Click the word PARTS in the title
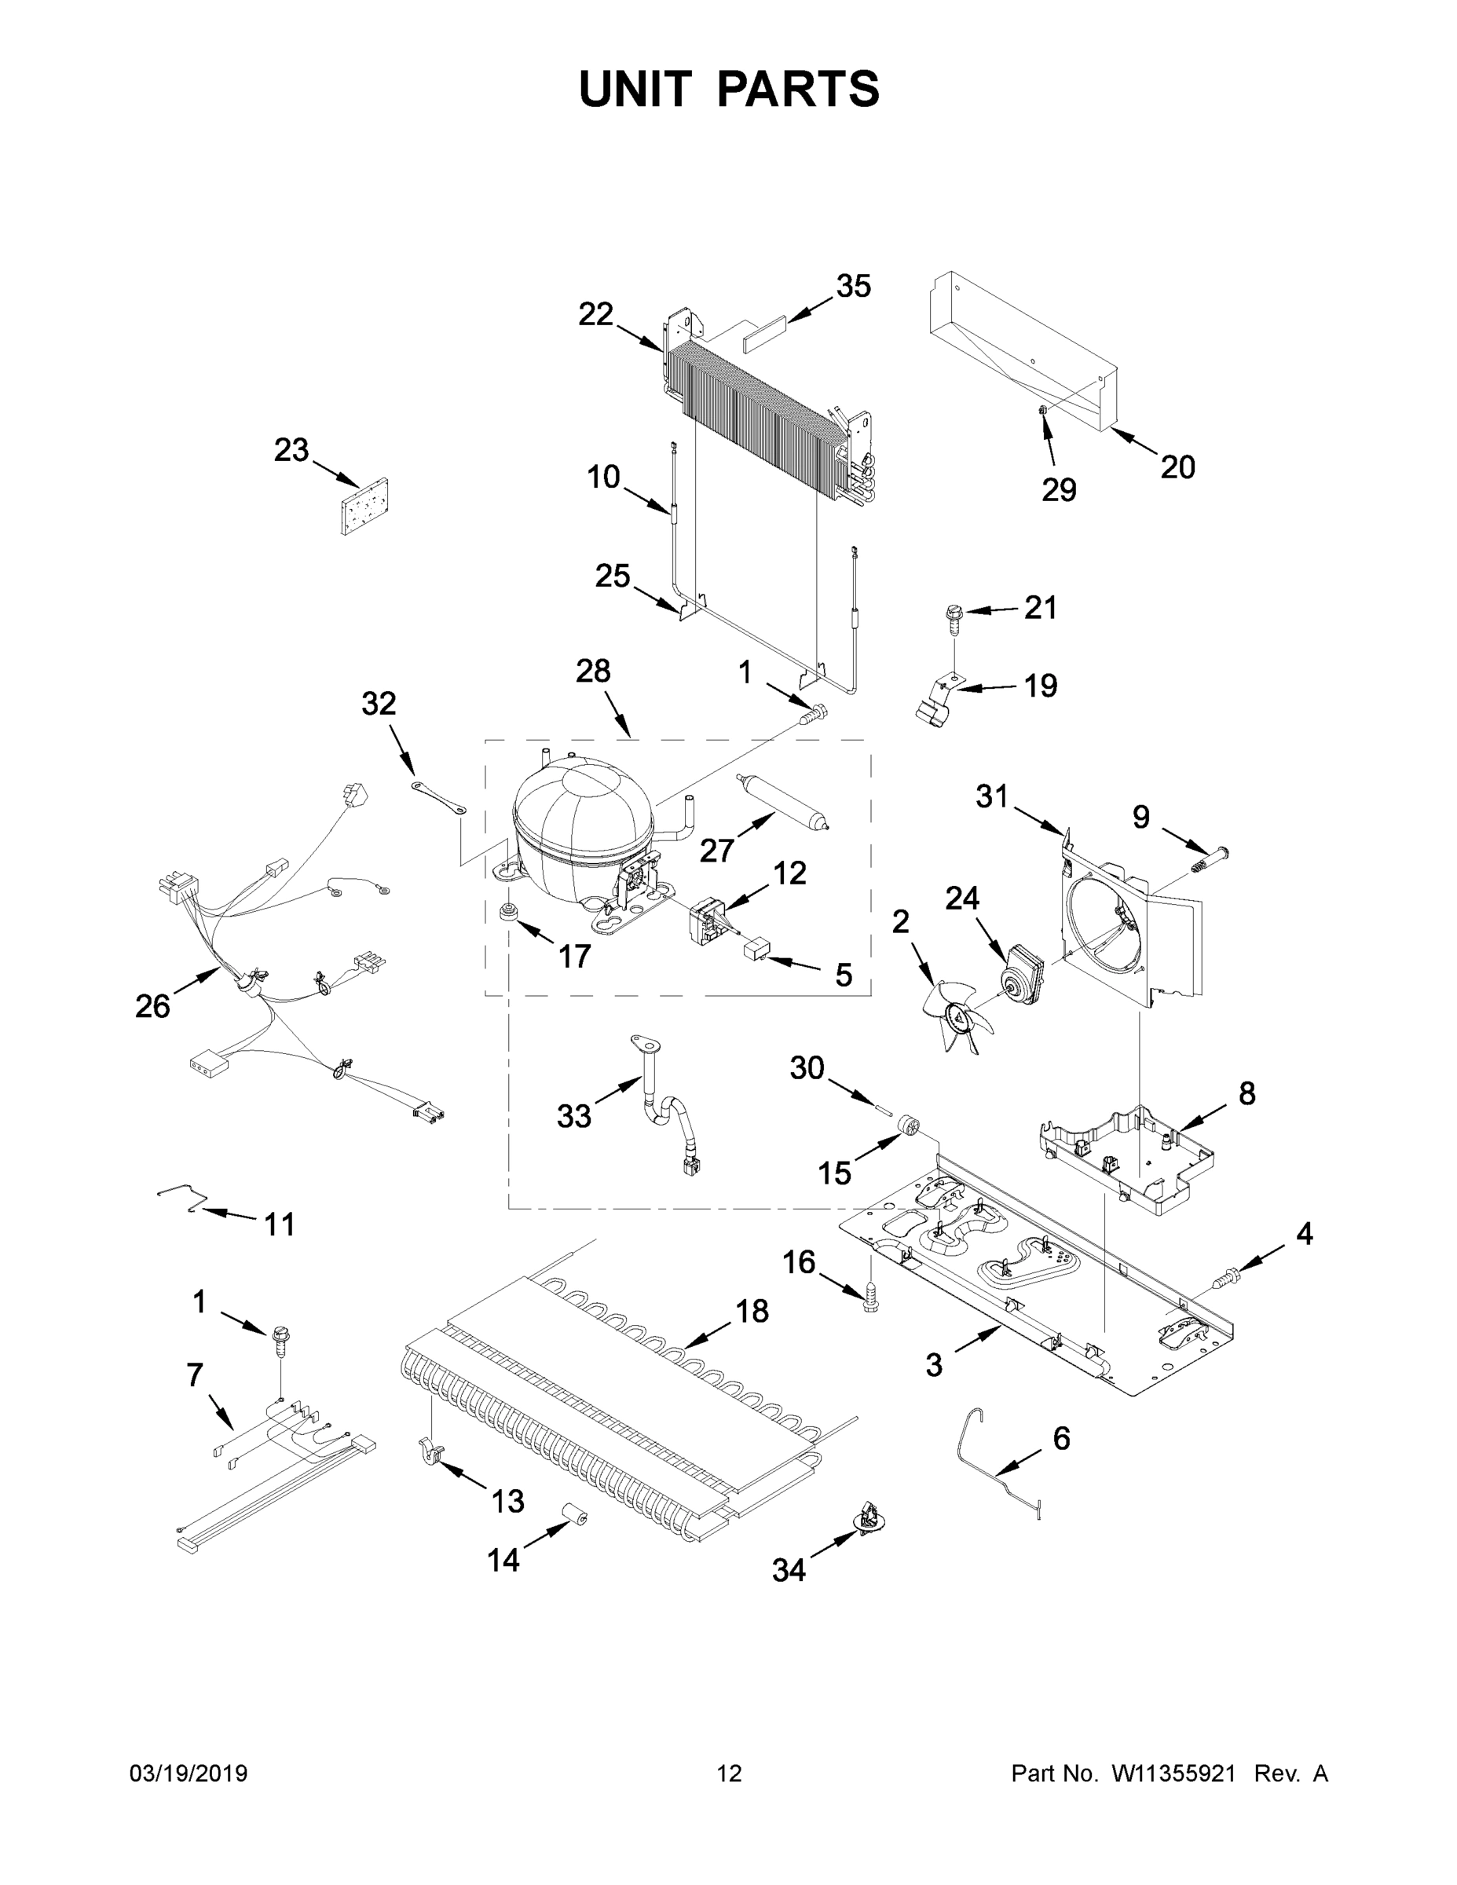(x=797, y=89)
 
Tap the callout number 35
(x=853, y=287)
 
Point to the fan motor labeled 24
(x=1020, y=971)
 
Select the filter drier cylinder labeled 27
(x=783, y=802)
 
